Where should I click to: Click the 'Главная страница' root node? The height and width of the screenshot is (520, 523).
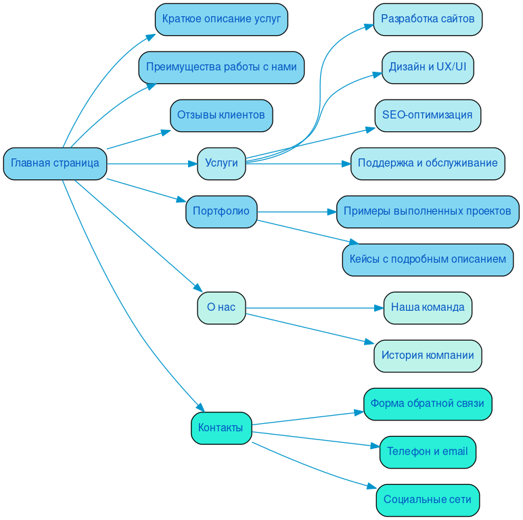pyautogui.click(x=55, y=163)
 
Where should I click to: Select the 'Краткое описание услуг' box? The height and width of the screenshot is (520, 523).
pyautogui.click(x=221, y=19)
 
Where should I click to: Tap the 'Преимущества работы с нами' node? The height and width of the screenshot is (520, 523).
pyautogui.click(x=221, y=67)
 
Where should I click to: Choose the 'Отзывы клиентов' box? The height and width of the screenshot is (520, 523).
pyautogui.click(x=221, y=115)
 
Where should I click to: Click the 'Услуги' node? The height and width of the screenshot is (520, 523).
pyautogui.click(x=221, y=163)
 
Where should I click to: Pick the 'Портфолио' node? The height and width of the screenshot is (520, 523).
pyautogui.click(x=221, y=211)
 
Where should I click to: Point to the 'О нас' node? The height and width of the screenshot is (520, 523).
pyautogui.click(x=221, y=307)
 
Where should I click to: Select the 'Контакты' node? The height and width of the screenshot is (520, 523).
pyautogui.click(x=221, y=428)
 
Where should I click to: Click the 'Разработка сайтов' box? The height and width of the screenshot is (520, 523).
pyautogui.click(x=428, y=19)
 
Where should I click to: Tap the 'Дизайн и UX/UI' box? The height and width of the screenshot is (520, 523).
pyautogui.click(x=428, y=67)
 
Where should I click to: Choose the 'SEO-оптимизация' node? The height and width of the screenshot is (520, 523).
pyautogui.click(x=428, y=115)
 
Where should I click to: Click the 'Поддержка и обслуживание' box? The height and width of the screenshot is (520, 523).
pyautogui.click(x=428, y=163)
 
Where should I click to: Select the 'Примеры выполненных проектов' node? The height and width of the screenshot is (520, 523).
pyautogui.click(x=428, y=211)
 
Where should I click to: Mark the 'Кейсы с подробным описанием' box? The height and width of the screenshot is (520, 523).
pyautogui.click(x=428, y=259)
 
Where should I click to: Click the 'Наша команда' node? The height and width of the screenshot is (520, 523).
pyautogui.click(x=428, y=307)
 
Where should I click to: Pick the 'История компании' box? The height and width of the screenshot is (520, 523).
pyautogui.click(x=428, y=355)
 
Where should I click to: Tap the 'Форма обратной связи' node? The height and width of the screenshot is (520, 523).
pyautogui.click(x=428, y=404)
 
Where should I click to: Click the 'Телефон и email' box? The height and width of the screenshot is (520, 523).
pyautogui.click(x=428, y=452)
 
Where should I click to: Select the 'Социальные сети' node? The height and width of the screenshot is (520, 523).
pyautogui.click(x=428, y=500)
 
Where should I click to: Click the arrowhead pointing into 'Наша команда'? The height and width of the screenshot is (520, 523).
pyautogui.click(x=379, y=308)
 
